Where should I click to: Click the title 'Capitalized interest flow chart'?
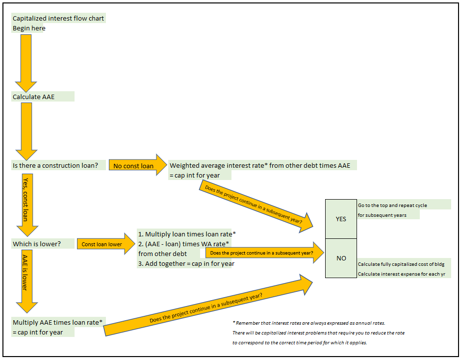pyautogui.click(x=58, y=19)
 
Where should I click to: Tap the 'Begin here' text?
pyautogui.click(x=29, y=28)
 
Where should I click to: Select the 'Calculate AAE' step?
pyautogui.click(x=34, y=97)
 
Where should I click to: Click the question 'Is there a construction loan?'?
pyautogui.click(x=55, y=166)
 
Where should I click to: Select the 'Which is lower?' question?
pyautogui.click(x=37, y=244)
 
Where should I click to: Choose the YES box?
pyautogui.click(x=341, y=219)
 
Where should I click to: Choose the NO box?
pyautogui.click(x=341, y=258)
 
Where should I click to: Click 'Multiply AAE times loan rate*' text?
pyautogui.click(x=57, y=322)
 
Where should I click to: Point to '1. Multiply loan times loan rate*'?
pyautogui.click(x=187, y=234)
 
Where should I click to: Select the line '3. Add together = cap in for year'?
pyautogui.click(x=186, y=263)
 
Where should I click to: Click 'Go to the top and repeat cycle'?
pyautogui.click(x=392, y=206)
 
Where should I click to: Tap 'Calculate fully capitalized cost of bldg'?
pyautogui.click(x=401, y=264)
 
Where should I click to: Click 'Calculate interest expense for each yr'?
pyautogui.click(x=401, y=274)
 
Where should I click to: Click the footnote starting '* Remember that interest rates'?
pyautogui.click(x=308, y=323)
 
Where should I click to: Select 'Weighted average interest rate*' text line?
pyautogui.click(x=260, y=166)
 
